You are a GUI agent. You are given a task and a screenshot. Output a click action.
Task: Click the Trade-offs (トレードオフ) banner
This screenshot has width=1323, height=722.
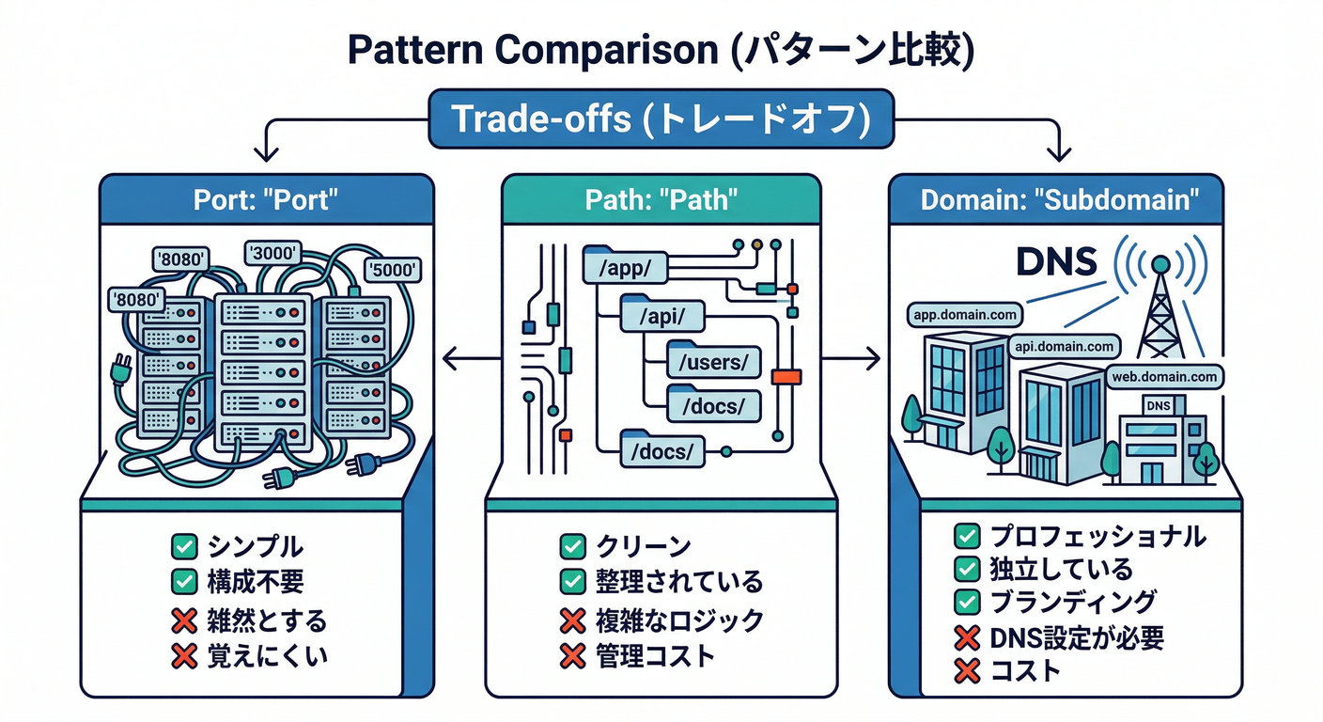coord(661,119)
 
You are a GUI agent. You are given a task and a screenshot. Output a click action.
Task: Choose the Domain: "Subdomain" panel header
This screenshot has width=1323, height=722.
coord(1057,200)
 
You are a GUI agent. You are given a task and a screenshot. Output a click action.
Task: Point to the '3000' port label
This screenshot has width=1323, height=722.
coord(272,252)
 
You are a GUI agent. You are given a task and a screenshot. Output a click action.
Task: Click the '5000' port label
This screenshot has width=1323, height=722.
coord(393,270)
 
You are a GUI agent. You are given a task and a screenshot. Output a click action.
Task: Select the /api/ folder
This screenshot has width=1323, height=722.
coord(661,316)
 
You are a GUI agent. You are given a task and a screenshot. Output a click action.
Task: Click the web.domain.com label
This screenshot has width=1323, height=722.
coord(1163,377)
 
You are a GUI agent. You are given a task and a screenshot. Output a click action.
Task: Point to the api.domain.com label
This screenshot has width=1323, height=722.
coord(1065,347)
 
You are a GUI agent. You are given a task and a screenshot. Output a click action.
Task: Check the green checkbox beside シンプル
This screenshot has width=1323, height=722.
coord(183,545)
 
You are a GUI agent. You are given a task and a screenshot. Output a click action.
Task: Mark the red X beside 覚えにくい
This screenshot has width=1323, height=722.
coord(183,655)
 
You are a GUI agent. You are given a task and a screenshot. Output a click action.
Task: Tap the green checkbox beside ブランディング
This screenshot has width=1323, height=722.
coord(967,601)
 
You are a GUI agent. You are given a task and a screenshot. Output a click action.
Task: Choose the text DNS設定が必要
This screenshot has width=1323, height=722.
coord(1077,638)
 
